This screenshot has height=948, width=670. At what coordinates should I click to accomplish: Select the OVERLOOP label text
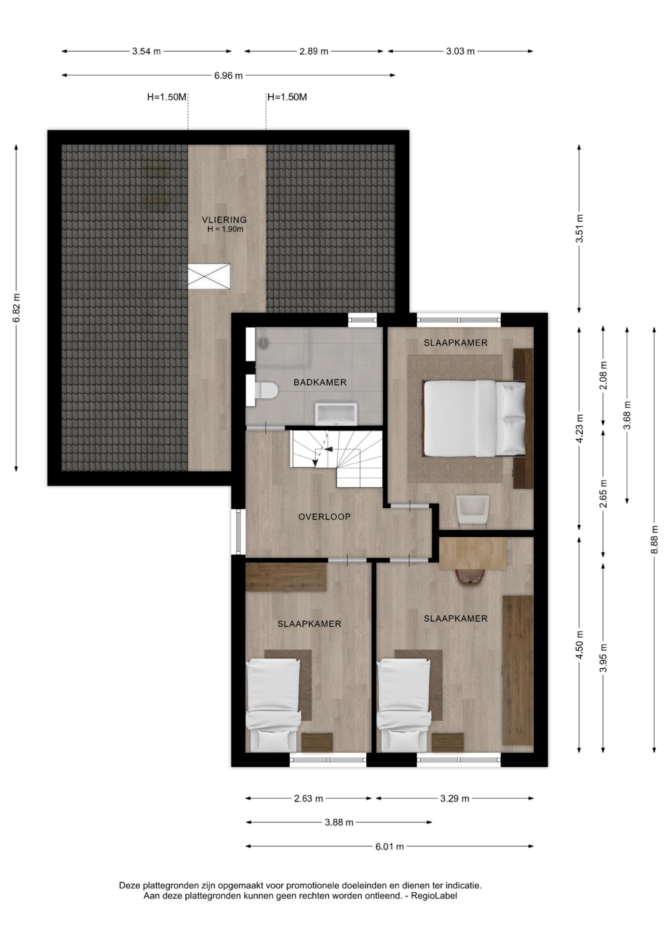(325, 517)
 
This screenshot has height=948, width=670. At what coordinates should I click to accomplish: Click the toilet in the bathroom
(265, 390)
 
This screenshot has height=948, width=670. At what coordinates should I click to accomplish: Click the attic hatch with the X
(209, 276)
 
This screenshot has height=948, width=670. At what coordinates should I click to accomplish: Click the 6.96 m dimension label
(228, 76)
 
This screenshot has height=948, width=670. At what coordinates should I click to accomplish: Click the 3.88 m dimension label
(339, 822)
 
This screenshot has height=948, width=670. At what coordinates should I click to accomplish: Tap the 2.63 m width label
(308, 798)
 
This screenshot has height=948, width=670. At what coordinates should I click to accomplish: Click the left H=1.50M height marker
(167, 97)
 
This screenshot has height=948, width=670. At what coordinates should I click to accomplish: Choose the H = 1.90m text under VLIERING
(225, 230)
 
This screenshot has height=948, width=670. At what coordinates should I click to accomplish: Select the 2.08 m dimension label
(604, 375)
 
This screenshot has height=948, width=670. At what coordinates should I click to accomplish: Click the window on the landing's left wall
(239, 531)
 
